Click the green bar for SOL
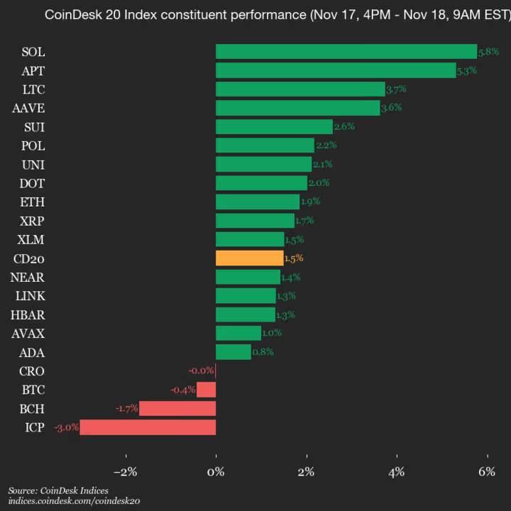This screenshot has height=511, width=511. coord(346,51)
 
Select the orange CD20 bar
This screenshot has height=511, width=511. coord(249,258)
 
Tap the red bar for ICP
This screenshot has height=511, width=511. coord(148,427)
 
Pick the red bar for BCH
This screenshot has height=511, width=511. coord(177,408)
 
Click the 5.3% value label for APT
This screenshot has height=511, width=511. coord(467,70)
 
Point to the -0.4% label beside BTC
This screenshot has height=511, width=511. coord(183,390)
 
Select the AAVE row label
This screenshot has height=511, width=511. coord(28,108)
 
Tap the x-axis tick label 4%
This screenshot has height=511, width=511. coord(397,471)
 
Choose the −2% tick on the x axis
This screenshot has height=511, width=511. coord(126,471)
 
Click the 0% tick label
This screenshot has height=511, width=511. coord(216,471)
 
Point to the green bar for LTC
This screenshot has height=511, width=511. coord(300,89)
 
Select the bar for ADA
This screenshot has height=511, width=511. coord(233,352)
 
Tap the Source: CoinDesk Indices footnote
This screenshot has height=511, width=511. coord(58,490)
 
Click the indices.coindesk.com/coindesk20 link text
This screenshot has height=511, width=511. coord(74,501)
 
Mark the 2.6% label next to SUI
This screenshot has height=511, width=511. coord(344,126)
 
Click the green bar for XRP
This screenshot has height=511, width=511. coord(255,221)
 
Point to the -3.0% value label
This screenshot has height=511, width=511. coord(66,427)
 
